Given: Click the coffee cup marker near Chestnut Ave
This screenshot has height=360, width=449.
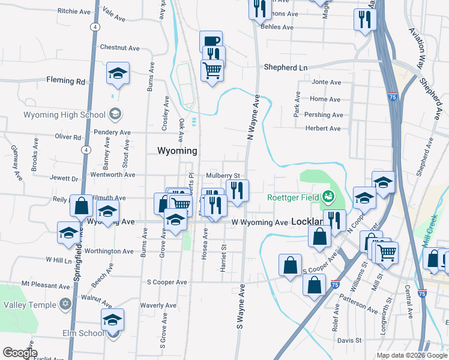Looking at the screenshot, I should click(211, 41).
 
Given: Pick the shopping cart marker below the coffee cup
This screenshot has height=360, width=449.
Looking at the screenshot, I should click(212, 70).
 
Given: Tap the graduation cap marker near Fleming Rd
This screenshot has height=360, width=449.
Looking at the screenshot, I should click(118, 74).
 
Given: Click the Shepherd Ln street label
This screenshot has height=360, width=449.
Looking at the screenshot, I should click(286, 68).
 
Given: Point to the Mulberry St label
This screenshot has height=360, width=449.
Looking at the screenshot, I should click(223, 176).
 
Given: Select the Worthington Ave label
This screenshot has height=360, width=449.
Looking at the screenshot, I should click(109, 251).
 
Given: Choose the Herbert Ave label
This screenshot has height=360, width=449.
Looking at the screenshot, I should click(322, 128).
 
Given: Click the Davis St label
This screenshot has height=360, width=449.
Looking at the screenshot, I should click(349, 340).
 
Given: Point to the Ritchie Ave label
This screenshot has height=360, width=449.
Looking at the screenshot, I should click(75, 11).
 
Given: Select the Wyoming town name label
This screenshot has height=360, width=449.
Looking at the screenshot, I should click(178, 150).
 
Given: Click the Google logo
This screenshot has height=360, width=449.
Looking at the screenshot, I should click(20, 353).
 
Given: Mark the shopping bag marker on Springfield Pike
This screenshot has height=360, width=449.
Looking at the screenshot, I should click(81, 206).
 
